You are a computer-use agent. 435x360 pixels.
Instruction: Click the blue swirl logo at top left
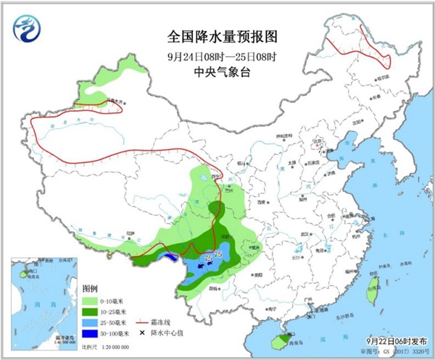click(x=25, y=30)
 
